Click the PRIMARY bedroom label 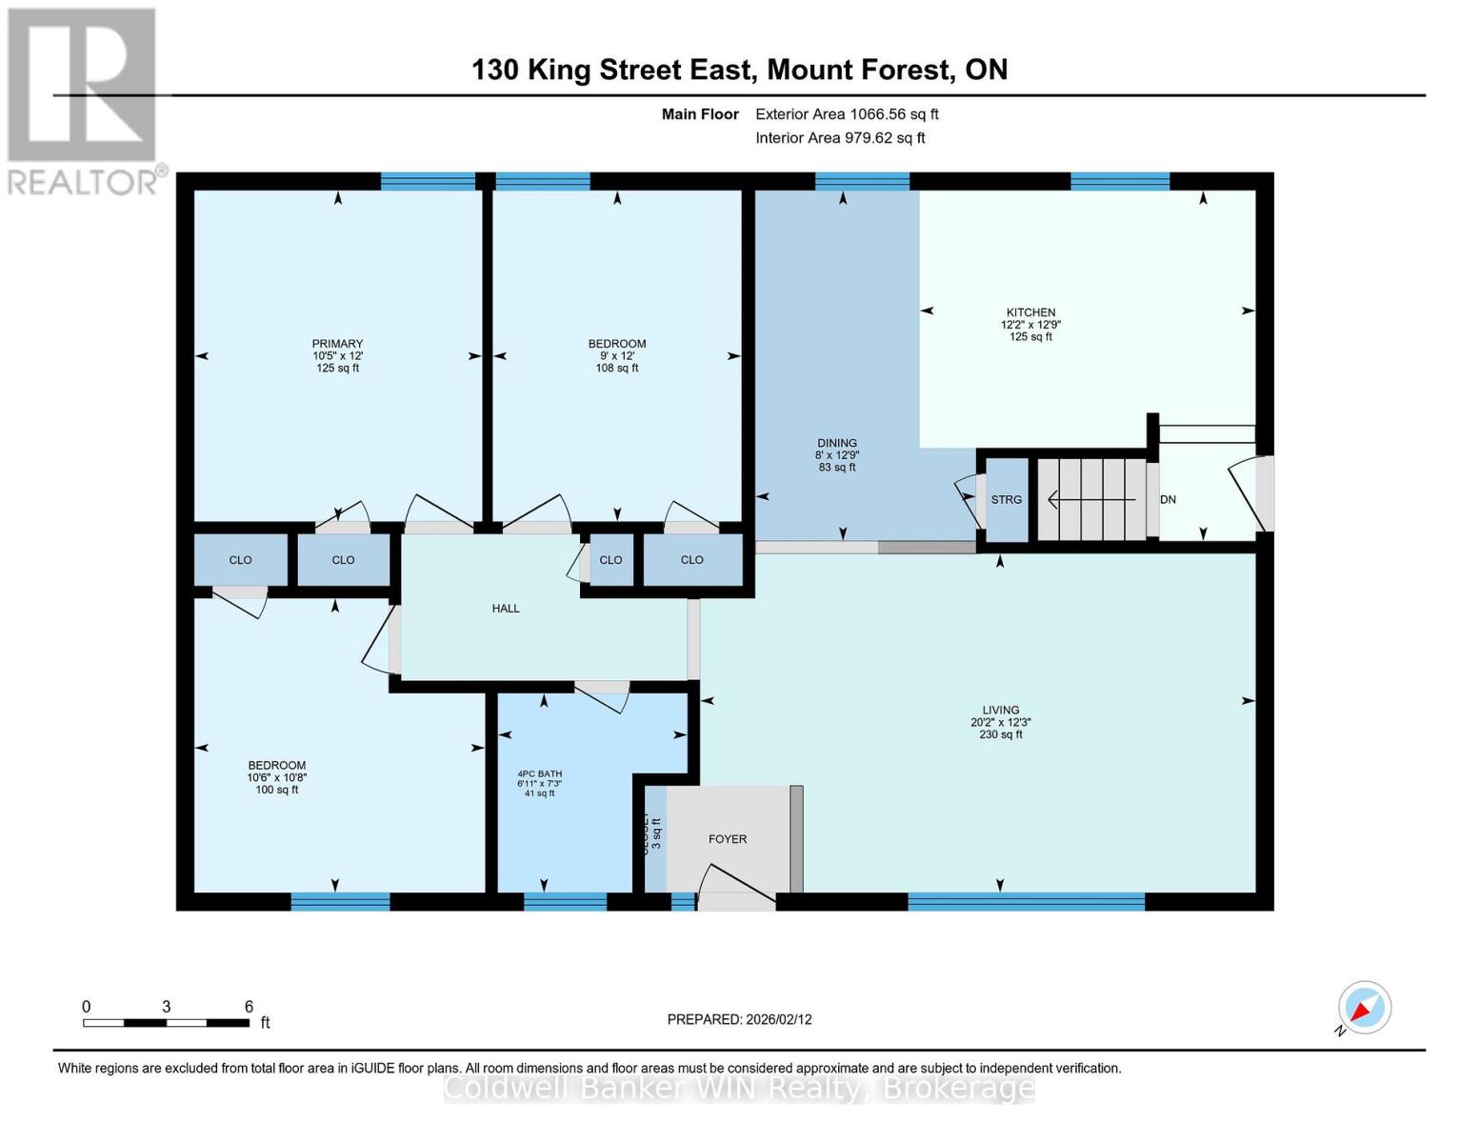pos(337,344)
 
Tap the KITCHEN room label pos(1030,312)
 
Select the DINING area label pos(836,443)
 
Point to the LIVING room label pos(1000,711)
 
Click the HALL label pos(506,609)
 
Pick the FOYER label pos(727,839)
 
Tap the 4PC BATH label pos(539,774)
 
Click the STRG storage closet pos(1006,500)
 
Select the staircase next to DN pos(1091,499)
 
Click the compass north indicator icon pos(1364,1008)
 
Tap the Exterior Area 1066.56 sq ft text pos(846,114)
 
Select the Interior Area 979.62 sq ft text pos(840,138)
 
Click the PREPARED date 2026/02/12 pos(739,1019)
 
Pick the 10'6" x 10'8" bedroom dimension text pos(276,777)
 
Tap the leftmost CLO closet pos(240,560)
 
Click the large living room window pos(1026,901)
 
